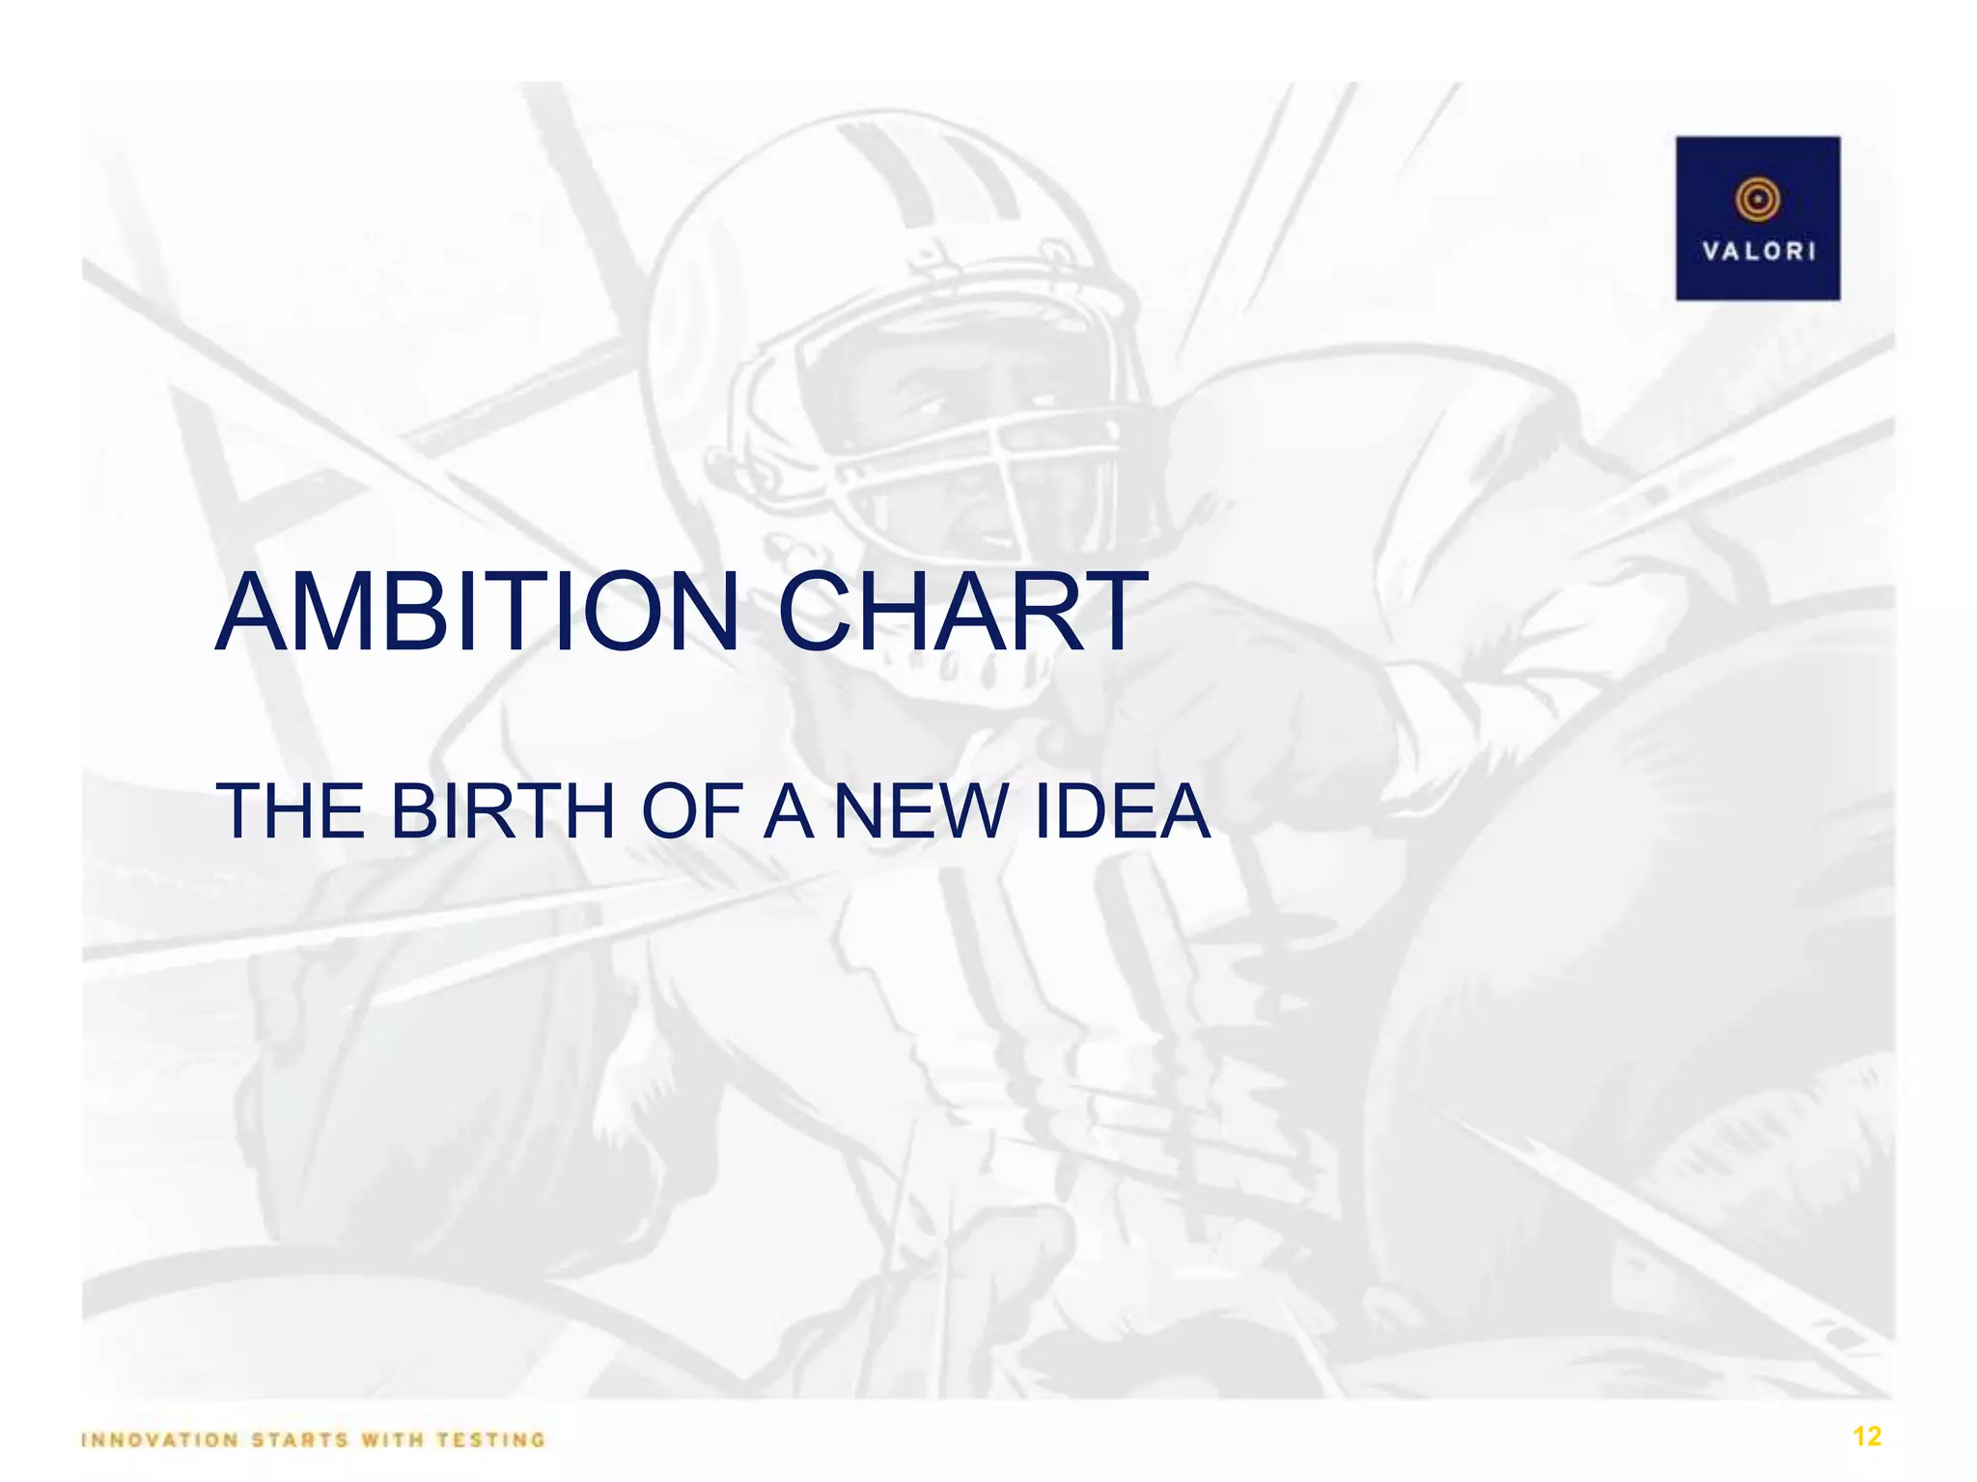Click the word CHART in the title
pyautogui.click(x=957, y=613)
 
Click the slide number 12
pyautogui.click(x=1867, y=1437)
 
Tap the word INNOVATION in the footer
pyautogui.click(x=159, y=1441)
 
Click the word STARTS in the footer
pyautogui.click(x=299, y=1441)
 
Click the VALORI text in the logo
pyautogui.click(x=1758, y=252)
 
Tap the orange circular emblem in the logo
pyautogui.click(x=1758, y=200)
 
